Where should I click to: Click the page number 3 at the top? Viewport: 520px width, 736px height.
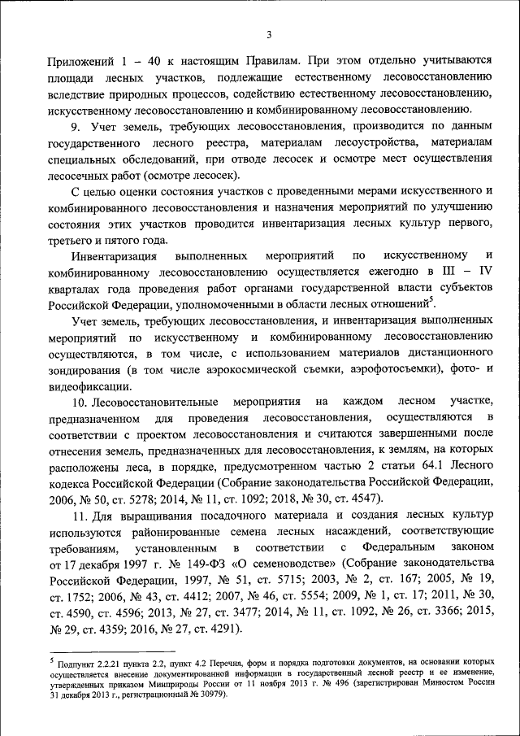[269, 33]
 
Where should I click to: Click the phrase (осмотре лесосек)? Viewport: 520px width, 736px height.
[196, 176]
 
